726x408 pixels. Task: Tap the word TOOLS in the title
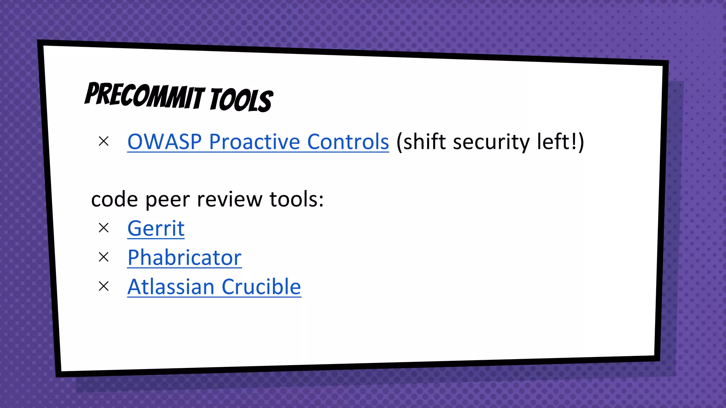[x=241, y=100]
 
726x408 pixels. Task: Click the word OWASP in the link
[x=164, y=142]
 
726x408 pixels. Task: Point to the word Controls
[x=348, y=142]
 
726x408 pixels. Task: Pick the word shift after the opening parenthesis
[x=424, y=142]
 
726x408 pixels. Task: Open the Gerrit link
[x=156, y=228]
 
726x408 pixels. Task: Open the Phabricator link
[x=184, y=257]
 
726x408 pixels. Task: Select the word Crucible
[x=261, y=287]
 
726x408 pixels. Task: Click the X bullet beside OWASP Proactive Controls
[x=104, y=141]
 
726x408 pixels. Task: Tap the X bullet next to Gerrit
[x=104, y=228]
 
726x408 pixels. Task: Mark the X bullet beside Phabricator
[x=104, y=257]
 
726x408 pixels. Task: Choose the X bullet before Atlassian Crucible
[x=104, y=286]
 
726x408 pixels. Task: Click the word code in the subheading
[x=114, y=200]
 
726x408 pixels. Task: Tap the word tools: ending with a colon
[x=296, y=200]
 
